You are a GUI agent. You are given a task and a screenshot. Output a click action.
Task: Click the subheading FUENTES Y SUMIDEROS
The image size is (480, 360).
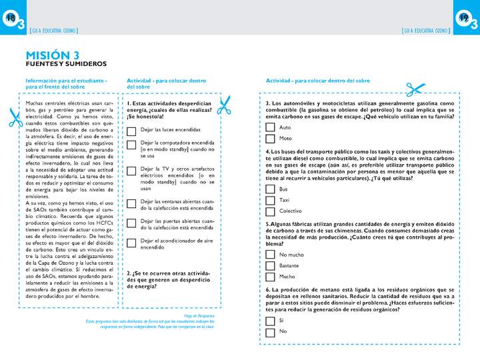(65, 64)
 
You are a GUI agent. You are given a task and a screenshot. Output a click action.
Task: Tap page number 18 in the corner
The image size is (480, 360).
(10, 19)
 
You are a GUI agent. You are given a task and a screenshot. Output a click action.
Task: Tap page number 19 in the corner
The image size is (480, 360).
(465, 19)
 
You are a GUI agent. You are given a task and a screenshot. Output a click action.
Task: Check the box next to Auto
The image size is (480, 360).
(270, 127)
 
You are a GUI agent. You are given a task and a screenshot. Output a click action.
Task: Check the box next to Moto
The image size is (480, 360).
(270, 139)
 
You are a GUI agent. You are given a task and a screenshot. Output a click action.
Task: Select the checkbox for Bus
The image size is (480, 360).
(270, 189)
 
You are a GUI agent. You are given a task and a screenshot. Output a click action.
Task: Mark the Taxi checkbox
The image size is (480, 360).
(270, 200)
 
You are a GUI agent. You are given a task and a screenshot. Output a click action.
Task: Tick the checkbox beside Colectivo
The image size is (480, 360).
(270, 211)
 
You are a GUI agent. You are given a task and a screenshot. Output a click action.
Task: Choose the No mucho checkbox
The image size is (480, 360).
(270, 255)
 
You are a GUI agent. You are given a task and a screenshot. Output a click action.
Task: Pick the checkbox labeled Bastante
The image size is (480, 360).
(270, 265)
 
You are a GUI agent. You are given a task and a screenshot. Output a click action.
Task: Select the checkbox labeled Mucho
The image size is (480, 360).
(270, 276)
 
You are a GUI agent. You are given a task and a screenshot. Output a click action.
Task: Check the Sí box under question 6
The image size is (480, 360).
(270, 321)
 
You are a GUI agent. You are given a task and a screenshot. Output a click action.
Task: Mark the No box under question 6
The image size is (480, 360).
(270, 331)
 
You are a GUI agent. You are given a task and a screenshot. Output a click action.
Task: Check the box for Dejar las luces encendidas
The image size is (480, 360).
(131, 130)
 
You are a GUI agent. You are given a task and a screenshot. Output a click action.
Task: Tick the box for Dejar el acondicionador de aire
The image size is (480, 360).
(131, 243)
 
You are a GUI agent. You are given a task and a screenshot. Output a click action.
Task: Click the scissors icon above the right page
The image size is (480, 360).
(415, 89)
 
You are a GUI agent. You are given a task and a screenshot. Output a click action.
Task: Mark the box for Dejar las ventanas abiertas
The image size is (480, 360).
(131, 204)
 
